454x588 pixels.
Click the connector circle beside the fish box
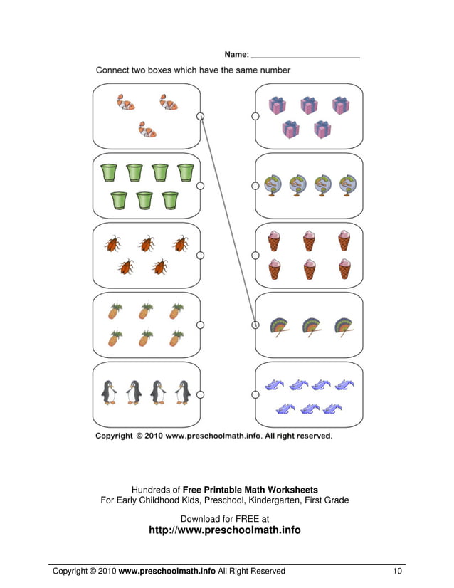(201, 116)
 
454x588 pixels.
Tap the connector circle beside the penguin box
(201, 394)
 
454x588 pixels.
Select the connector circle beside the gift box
(255, 116)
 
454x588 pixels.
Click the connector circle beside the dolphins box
(255, 394)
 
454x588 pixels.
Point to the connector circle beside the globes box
(255, 186)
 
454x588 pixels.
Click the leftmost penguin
(109, 392)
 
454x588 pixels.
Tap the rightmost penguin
(183, 392)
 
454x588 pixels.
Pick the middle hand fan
(310, 326)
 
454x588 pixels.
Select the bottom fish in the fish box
(147, 129)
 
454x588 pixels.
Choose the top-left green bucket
(109, 173)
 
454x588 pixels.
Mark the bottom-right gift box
(323, 129)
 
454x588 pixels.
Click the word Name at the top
(236, 54)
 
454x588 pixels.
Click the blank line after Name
(306, 56)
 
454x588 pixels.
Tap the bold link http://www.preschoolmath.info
(224, 530)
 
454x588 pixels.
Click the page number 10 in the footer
(397, 571)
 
